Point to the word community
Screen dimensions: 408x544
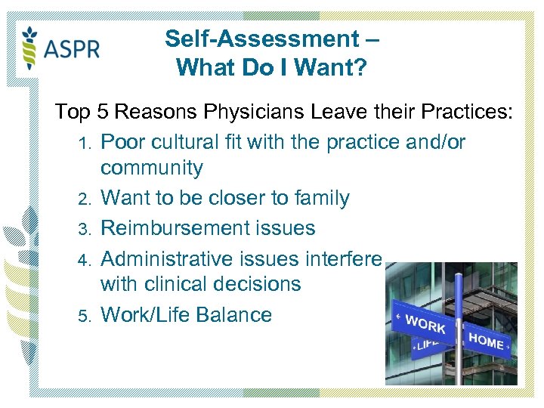152,168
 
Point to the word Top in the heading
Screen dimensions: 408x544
73,113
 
